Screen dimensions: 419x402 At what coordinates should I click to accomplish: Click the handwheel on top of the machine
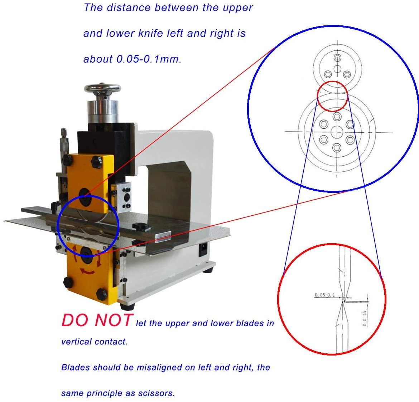(102, 89)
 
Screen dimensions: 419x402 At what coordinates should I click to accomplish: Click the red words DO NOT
(97, 320)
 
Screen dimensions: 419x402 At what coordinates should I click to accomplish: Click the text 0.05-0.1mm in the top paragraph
(149, 59)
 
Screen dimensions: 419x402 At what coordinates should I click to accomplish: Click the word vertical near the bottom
(76, 342)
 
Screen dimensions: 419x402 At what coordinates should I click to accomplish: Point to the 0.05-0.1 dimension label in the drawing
(325, 295)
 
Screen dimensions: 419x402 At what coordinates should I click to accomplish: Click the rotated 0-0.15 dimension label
(365, 318)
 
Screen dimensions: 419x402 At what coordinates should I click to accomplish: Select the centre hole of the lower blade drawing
(337, 132)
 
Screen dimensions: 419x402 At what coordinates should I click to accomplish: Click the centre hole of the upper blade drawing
(337, 69)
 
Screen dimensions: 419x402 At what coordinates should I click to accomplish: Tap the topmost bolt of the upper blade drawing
(337, 58)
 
